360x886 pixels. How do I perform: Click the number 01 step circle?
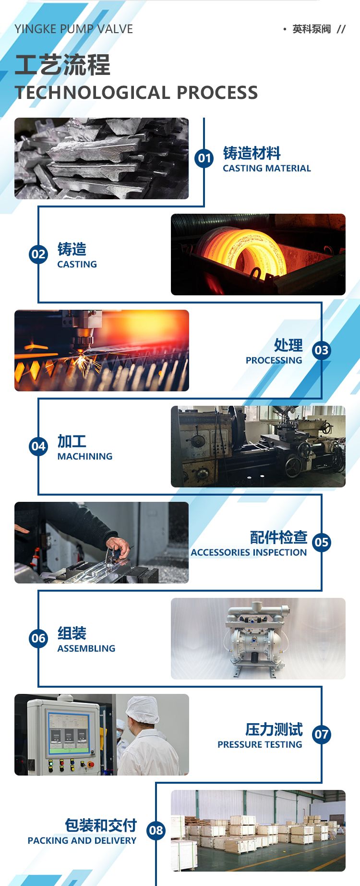[x=204, y=158]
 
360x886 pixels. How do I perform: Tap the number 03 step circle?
[x=322, y=350]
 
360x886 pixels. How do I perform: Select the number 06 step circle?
[x=38, y=638]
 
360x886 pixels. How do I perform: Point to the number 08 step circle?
[x=156, y=830]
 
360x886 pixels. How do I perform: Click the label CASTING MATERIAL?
[x=267, y=168]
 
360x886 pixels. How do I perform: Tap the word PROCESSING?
[x=274, y=360]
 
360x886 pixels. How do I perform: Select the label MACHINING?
[x=85, y=456]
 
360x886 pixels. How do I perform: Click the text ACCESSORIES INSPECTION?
[x=249, y=552]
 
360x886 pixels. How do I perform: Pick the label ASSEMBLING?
[x=86, y=648]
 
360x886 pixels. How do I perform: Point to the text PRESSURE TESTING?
[x=260, y=744]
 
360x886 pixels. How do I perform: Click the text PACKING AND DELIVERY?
[x=82, y=840]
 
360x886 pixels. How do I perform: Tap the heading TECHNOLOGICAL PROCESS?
[x=136, y=93]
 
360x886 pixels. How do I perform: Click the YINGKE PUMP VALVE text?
[x=74, y=29]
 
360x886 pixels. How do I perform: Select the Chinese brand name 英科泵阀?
[x=312, y=29]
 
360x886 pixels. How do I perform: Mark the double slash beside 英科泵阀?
[x=341, y=29]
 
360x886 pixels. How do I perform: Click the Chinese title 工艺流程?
[x=63, y=65]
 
